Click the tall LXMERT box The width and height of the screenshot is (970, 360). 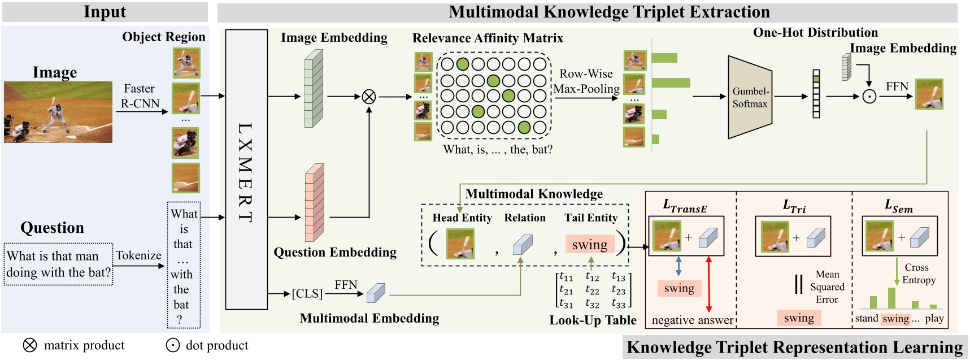[246, 170]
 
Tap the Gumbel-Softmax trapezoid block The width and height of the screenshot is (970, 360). [750, 97]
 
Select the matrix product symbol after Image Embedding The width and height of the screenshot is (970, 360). [369, 97]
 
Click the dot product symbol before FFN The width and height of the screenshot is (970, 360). [869, 97]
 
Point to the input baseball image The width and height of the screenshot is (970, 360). [58, 112]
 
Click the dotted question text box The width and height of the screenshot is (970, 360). [58, 264]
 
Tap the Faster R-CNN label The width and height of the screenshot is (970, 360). [140, 96]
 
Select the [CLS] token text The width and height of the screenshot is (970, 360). [307, 294]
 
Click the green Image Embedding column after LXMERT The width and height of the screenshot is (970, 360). [314, 89]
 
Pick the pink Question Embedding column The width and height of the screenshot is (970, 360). [314, 202]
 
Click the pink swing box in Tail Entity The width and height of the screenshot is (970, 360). [589, 244]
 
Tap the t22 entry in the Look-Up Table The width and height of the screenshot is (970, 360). [591, 290]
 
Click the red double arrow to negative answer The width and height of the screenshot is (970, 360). [709, 284]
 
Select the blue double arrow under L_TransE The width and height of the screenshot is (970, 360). [678, 266]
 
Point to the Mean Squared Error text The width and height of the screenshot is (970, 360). [827, 287]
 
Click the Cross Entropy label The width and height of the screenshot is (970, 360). [919, 274]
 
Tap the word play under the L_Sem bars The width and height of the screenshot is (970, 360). [934, 318]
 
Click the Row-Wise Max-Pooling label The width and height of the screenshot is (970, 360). [586, 81]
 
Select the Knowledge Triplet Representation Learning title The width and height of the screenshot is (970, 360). [794, 347]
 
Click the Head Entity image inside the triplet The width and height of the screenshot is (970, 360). [460, 244]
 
